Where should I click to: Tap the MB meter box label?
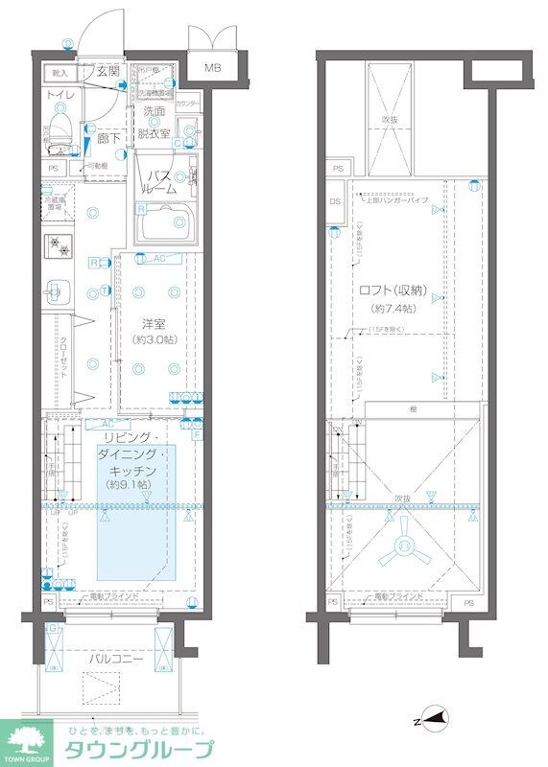coord(211,68)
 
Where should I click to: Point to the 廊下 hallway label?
coord(108,139)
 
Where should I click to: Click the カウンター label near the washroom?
coord(188,104)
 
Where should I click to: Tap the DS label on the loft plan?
coord(335,201)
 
